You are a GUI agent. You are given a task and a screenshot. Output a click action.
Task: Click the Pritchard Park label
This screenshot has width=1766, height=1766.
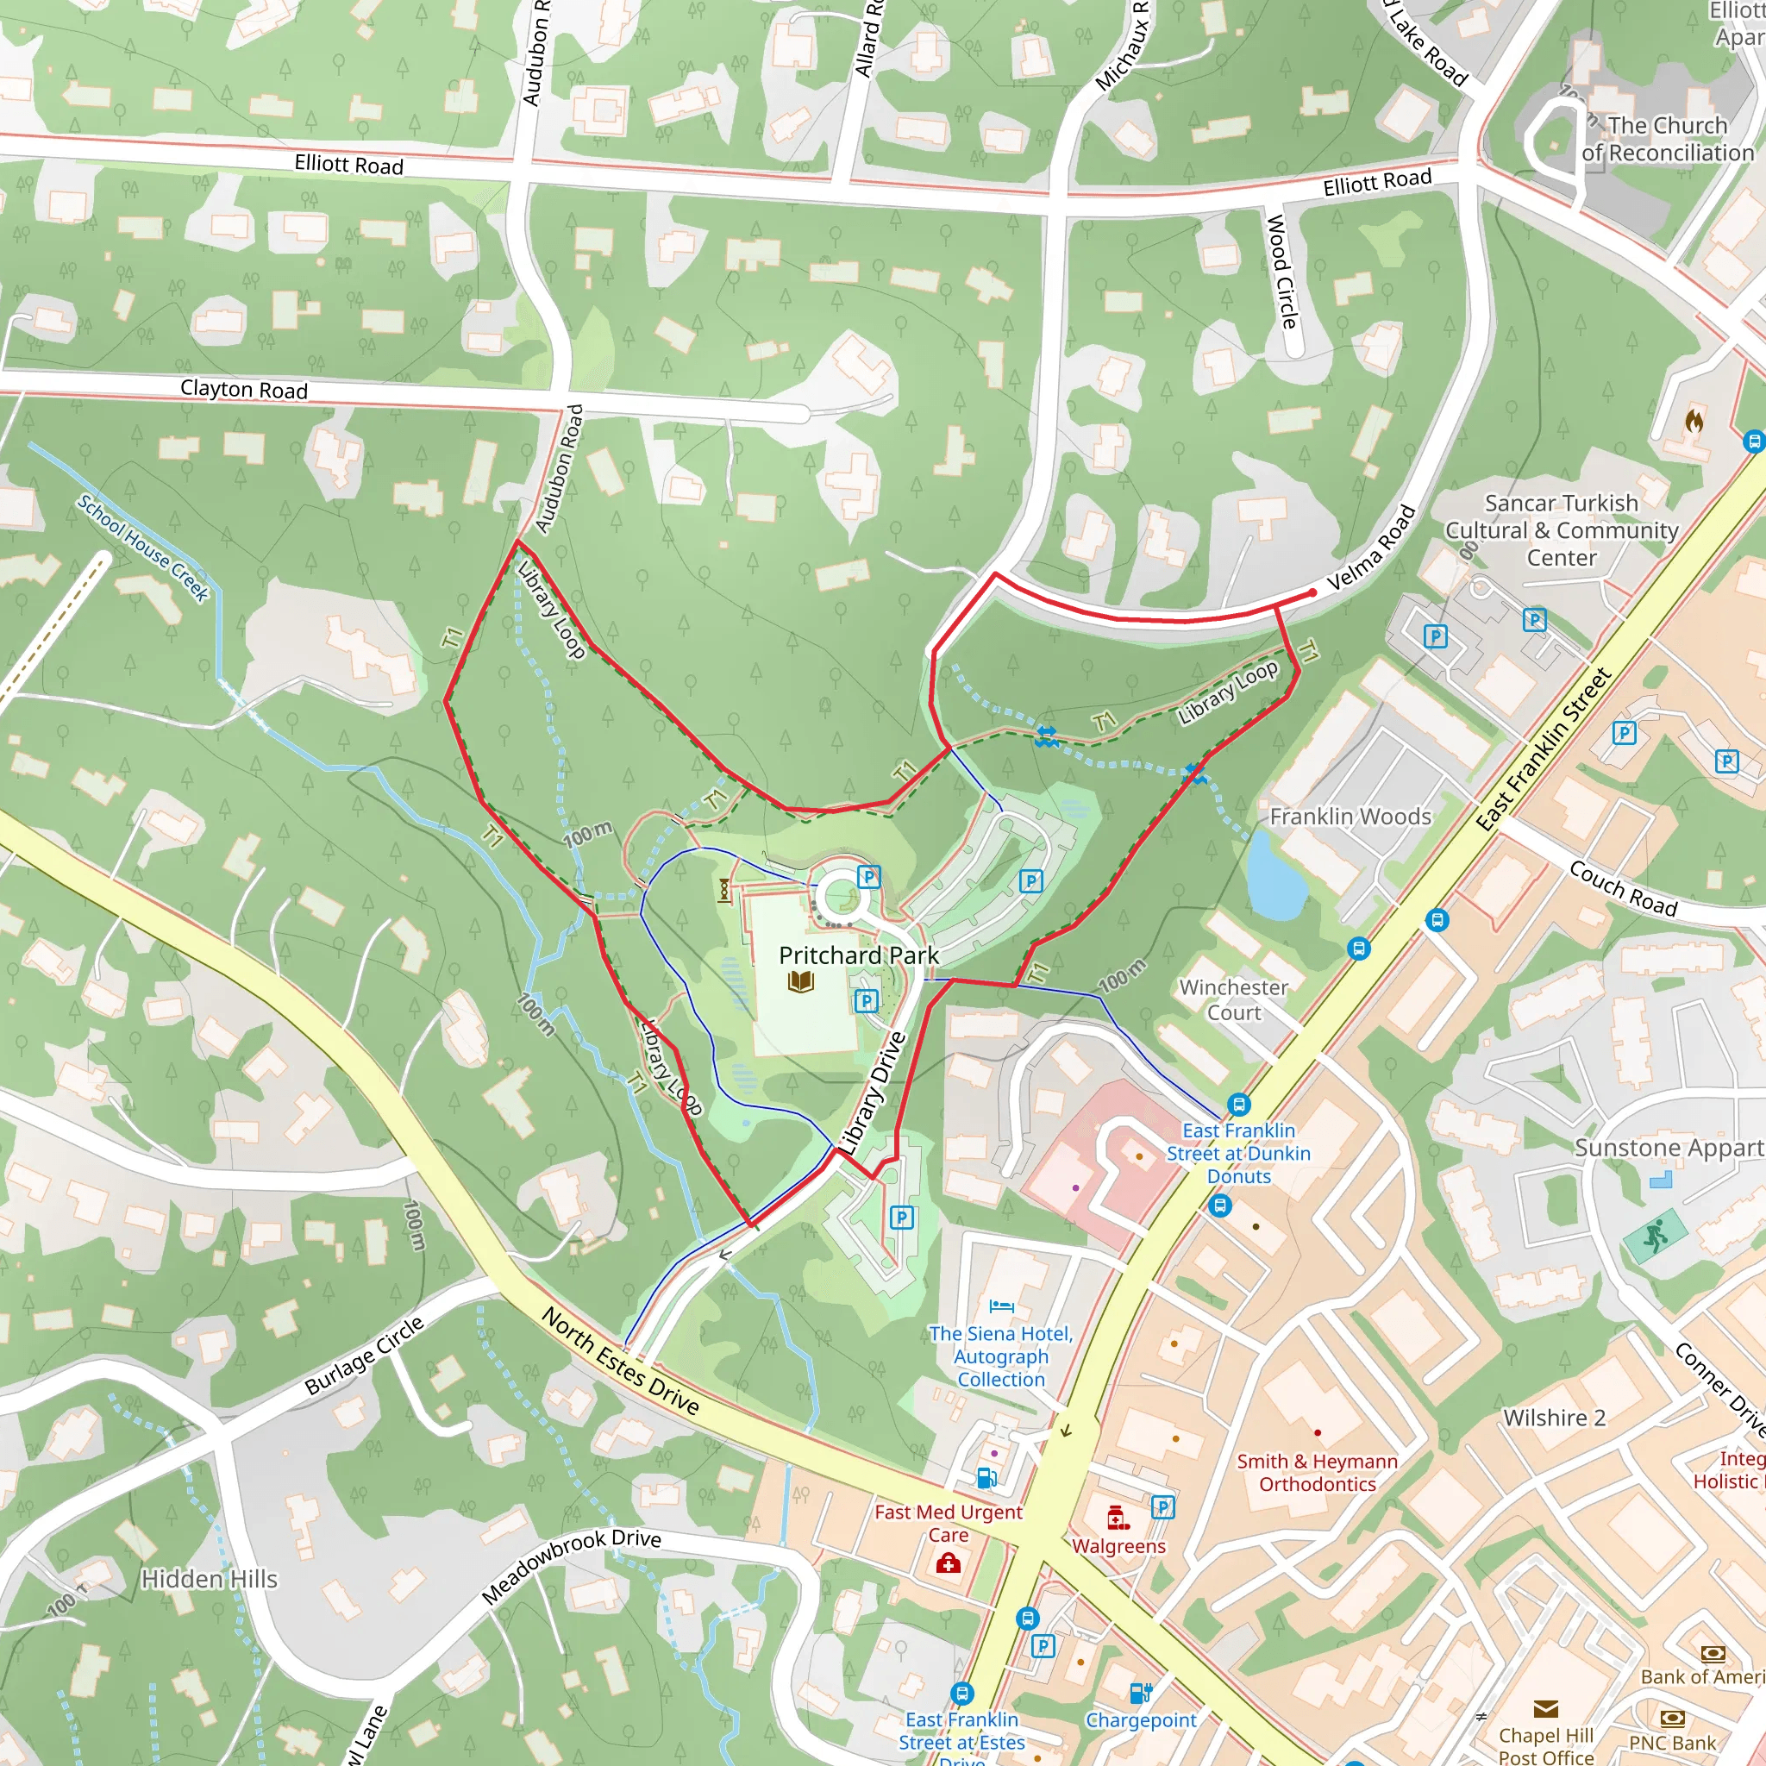pos(858,955)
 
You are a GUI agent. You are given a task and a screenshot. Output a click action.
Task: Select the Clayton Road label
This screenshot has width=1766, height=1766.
pos(243,390)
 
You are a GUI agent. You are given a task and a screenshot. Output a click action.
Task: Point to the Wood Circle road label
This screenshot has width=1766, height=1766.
pos(1281,271)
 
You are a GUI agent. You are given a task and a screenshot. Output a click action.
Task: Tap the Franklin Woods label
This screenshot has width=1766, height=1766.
pos(1350,817)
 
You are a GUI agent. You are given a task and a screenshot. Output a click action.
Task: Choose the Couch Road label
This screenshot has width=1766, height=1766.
pos(1623,888)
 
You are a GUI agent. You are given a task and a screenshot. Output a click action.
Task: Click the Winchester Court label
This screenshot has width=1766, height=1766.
pos(1233,999)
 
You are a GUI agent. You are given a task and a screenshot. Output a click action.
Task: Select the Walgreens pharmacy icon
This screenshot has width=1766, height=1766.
pos(1116,1519)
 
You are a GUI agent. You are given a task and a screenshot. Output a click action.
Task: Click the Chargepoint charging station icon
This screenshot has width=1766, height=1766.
pos(1140,1693)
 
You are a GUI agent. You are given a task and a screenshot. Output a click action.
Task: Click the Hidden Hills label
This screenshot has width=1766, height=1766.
pos(210,1579)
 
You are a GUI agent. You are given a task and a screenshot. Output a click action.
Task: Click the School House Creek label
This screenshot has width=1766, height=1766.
pos(142,548)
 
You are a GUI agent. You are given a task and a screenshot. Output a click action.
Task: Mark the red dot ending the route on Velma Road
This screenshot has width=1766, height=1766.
pos(1312,593)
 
